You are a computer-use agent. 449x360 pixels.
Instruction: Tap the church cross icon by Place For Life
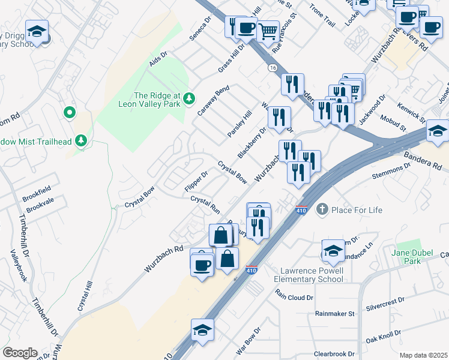322,209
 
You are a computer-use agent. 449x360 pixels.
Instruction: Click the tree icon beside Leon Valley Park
189,98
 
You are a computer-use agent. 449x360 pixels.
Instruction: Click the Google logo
20,353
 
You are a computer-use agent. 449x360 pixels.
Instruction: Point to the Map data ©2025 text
423,355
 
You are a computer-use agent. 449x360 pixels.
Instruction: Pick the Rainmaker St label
335,313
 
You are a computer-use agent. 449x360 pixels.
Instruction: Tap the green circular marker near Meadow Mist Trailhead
70,112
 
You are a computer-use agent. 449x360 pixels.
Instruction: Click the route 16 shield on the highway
272,69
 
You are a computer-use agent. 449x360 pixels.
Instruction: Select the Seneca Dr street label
201,28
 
